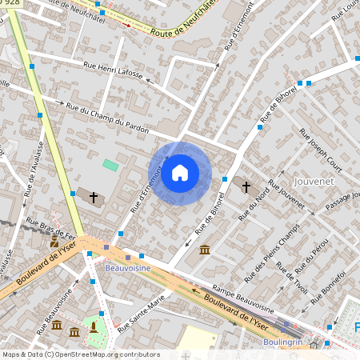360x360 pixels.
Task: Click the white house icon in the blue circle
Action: (180, 173)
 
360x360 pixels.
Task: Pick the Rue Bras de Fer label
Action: (50, 228)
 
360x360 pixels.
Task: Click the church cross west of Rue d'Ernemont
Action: (94, 196)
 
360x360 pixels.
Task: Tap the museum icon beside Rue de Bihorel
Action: (205, 250)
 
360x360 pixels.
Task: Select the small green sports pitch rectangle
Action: (110, 165)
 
